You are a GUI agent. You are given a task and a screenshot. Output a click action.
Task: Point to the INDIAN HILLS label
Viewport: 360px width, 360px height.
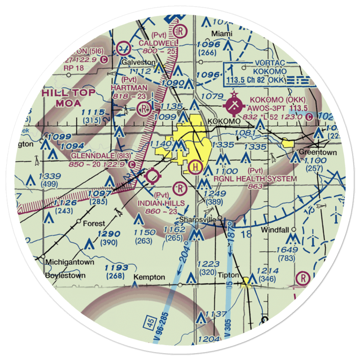(x=162, y=203)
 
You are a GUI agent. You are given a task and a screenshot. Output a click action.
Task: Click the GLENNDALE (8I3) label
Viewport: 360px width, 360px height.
(x=99, y=156)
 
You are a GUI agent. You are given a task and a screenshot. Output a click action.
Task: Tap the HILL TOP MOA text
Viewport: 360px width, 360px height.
(x=69, y=98)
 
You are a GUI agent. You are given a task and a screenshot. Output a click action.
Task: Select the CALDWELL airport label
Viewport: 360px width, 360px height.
(x=155, y=43)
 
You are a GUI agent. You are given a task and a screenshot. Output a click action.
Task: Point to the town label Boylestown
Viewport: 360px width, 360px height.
(x=66, y=276)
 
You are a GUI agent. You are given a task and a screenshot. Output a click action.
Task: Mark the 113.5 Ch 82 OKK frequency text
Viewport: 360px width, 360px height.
(x=256, y=80)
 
